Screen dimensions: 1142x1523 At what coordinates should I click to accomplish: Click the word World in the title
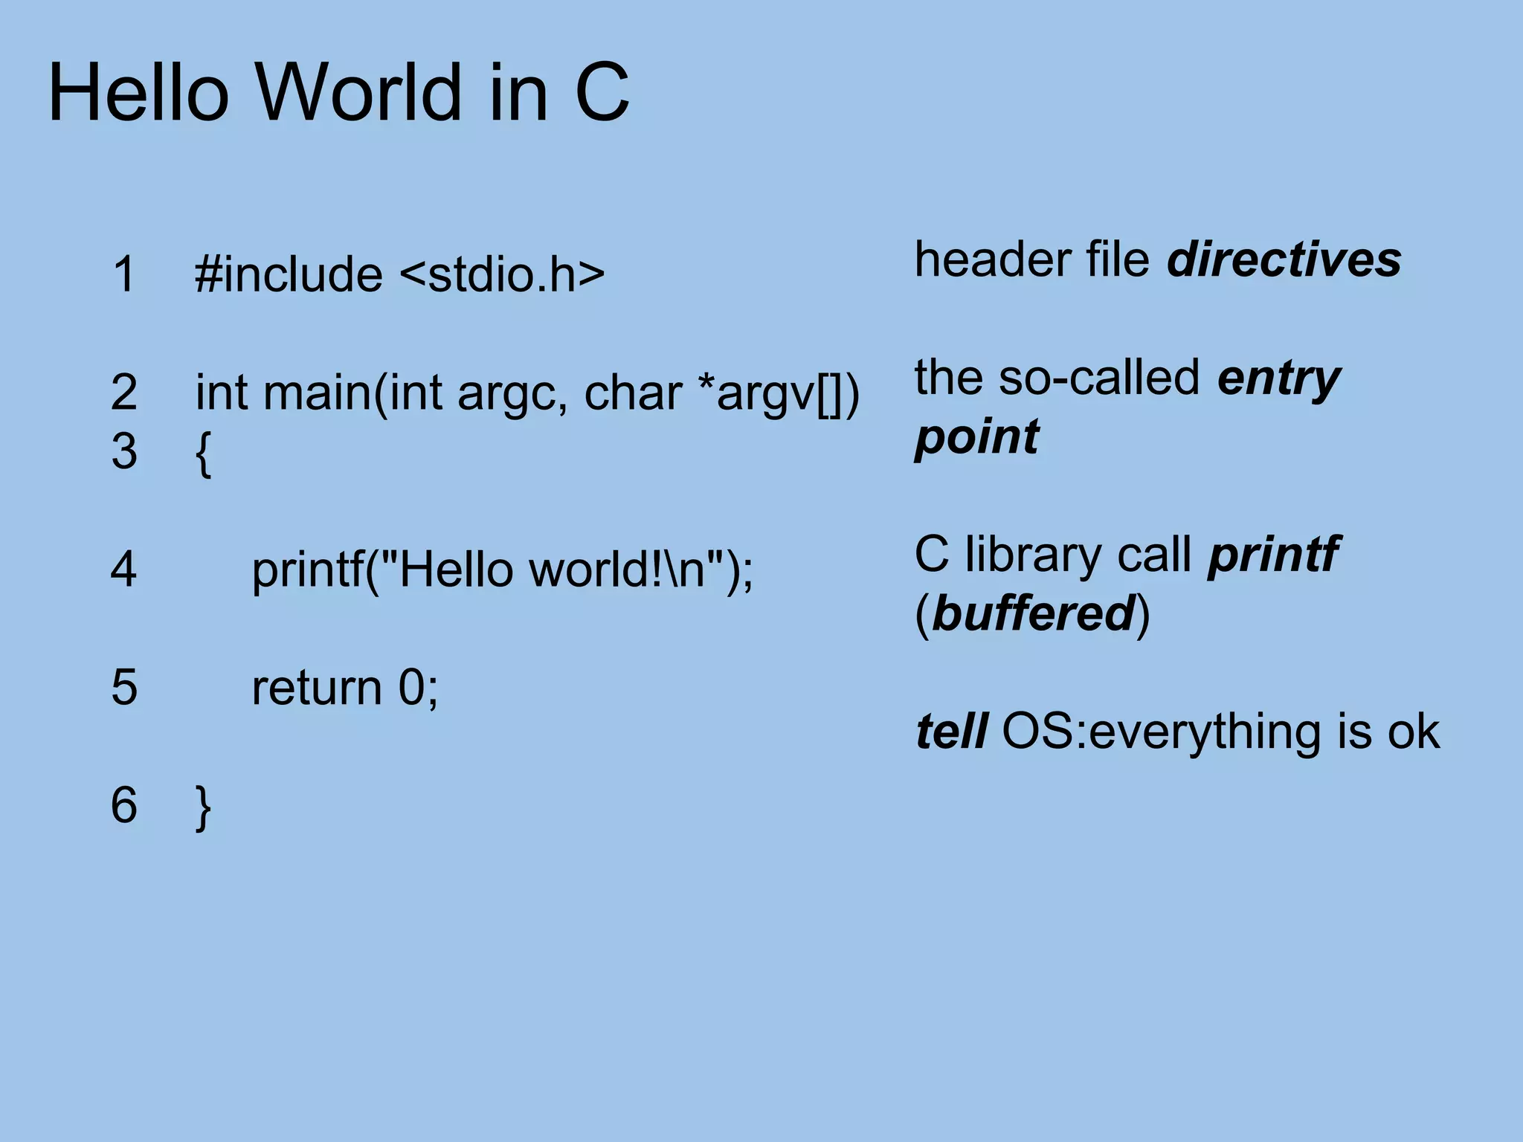360,93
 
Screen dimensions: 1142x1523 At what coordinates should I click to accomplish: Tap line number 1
124,274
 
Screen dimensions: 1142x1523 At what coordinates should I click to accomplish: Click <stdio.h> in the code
502,274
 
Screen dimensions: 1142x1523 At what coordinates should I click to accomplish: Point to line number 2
124,392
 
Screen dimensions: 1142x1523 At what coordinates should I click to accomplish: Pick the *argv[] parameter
773,392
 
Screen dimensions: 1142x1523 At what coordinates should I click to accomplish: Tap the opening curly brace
203,453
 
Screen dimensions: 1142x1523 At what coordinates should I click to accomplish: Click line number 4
124,569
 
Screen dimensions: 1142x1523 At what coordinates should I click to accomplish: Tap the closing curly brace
203,807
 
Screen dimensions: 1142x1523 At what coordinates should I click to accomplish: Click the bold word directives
1284,259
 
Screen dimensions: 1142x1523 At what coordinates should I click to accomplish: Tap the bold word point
976,437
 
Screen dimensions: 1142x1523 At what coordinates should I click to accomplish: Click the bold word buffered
1033,613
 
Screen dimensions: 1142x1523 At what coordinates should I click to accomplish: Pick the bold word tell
951,731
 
